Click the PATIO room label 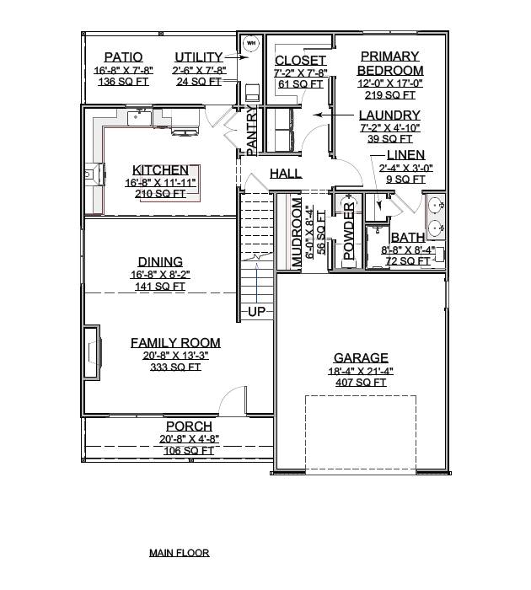[123, 56]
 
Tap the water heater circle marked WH [250, 42]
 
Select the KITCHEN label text [160, 170]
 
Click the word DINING [160, 262]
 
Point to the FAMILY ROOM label [175, 343]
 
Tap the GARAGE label [361, 357]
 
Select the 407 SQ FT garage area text [361, 382]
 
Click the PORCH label [189, 426]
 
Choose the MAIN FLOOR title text [179, 553]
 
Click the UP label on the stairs [257, 312]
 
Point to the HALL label [286, 174]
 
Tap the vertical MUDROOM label [297, 234]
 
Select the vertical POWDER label [350, 233]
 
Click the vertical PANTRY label [251, 131]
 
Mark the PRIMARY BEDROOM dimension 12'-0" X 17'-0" [390, 83]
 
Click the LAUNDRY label [389, 115]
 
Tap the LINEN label [405, 155]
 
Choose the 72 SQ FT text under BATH [408, 262]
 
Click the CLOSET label [301, 61]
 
